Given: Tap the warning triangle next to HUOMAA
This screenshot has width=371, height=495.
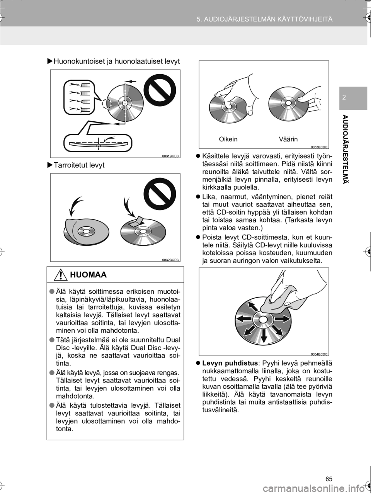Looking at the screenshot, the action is coord(61,275).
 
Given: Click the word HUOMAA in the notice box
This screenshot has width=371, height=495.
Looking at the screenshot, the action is coord(88,275).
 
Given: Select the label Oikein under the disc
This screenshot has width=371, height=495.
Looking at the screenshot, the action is coord(228,139).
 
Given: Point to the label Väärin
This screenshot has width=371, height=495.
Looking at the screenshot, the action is coord(288,139).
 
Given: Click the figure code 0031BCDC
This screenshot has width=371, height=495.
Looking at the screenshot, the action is coord(170,156).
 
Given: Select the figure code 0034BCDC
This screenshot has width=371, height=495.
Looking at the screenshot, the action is coord(319,354).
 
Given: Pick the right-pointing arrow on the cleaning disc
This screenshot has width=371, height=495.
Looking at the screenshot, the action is coord(282,319).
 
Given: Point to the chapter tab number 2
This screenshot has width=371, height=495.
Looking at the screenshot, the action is coord(343,97).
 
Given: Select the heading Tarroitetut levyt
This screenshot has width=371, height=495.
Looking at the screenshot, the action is coord(79,165).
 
